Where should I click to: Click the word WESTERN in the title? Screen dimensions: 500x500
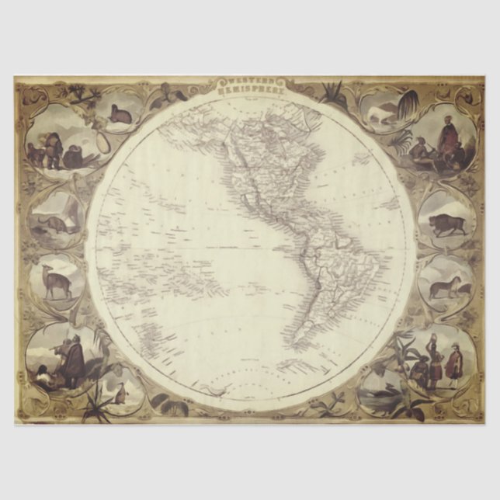250,82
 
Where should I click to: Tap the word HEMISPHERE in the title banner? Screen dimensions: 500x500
250,90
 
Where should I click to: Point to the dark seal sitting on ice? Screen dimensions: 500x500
120,115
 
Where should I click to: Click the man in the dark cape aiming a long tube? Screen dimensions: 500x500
72,359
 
